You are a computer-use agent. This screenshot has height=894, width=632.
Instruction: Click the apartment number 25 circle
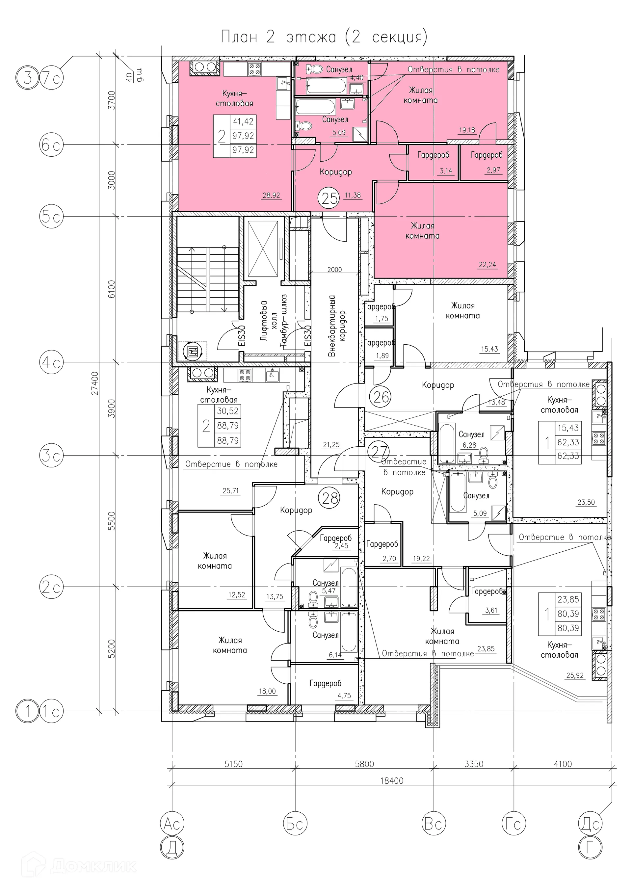(x=329, y=198)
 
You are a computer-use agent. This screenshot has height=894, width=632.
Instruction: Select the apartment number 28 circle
(x=329, y=498)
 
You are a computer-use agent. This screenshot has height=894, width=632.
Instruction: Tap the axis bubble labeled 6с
(x=51, y=145)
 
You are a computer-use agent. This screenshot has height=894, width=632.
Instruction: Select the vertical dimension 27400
(x=94, y=383)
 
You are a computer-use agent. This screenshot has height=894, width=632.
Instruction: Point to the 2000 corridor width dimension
(x=334, y=270)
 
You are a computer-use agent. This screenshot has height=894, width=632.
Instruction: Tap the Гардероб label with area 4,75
(x=326, y=683)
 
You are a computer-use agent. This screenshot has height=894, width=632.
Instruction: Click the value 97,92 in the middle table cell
(x=243, y=136)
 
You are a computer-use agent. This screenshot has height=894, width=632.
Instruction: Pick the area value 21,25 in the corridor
(x=331, y=445)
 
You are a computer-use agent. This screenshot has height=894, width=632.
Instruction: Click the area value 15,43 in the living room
(x=489, y=349)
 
